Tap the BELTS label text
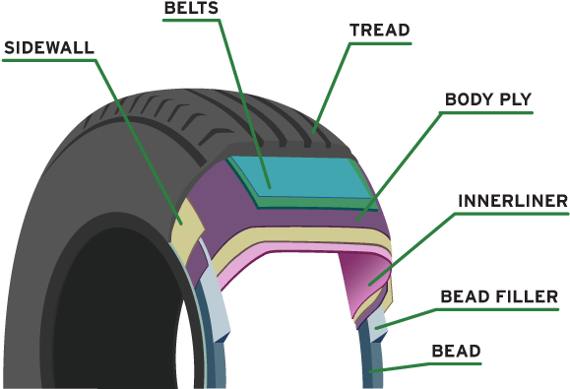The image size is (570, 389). coord(192,8)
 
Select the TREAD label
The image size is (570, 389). coord(379,31)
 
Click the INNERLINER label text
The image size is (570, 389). coord(513,201)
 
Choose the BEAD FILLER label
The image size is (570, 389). coord(498,295)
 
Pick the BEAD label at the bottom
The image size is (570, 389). coord(455,351)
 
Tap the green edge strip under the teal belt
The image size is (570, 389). coord(295,201)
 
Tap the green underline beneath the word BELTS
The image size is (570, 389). coord(192,20)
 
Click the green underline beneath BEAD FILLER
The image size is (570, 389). coord(498,308)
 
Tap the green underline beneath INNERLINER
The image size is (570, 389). coord(513,214)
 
